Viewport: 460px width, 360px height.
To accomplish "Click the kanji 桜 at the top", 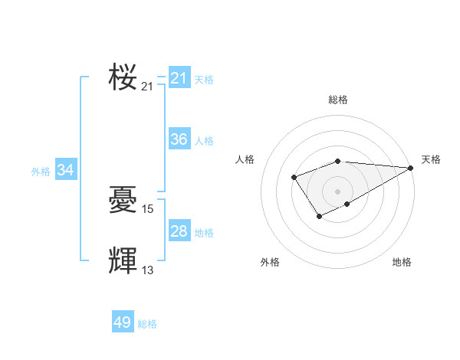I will pos(123,78).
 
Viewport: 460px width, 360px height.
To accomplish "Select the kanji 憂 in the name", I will pos(123,201).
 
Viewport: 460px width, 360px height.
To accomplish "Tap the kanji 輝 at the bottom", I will pos(123,261).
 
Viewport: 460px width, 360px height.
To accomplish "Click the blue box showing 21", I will pos(179,78).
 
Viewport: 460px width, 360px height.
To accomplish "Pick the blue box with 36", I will pos(179,139).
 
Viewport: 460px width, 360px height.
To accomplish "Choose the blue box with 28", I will pos(179,231).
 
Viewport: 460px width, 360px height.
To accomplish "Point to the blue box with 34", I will pos(66,170).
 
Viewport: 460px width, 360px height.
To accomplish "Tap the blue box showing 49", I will pos(123,322).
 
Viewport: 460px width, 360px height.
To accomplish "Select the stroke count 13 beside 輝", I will pos(148,270).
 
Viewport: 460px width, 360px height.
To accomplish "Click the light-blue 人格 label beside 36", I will pos(204,141).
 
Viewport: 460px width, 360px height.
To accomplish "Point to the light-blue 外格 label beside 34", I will pos(41,172).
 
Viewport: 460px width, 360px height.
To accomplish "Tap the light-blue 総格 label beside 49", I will pos(147,324).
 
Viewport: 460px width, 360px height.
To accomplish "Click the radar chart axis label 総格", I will pos(338,100).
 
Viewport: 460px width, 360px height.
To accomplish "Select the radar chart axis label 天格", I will pos(431,159).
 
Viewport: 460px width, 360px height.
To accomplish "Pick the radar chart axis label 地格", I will pos(402,262).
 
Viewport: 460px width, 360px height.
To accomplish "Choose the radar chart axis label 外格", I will pos(270,262).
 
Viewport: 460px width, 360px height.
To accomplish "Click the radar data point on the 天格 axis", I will pos(411,168).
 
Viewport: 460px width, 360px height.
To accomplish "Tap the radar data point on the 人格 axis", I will pos(294,178).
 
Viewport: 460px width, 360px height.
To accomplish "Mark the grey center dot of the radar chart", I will pos(338,191).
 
